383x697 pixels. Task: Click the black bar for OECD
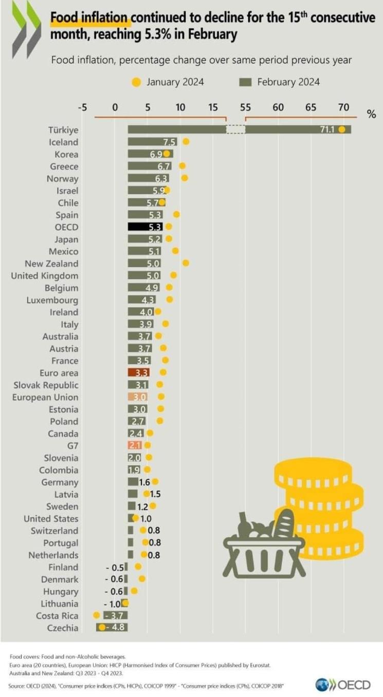146,227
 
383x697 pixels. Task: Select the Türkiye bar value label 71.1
327,130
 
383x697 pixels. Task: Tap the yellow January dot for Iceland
186,142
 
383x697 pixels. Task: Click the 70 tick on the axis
343,107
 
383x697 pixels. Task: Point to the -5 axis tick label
82,107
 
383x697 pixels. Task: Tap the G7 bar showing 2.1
135,446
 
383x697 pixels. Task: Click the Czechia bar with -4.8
112,628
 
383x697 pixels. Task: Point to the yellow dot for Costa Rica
96,615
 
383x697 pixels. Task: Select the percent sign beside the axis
372,114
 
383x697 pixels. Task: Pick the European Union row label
46,397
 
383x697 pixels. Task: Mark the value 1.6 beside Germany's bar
144,482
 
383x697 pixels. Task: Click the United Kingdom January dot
174,275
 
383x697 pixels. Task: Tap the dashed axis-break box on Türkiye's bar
235,130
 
